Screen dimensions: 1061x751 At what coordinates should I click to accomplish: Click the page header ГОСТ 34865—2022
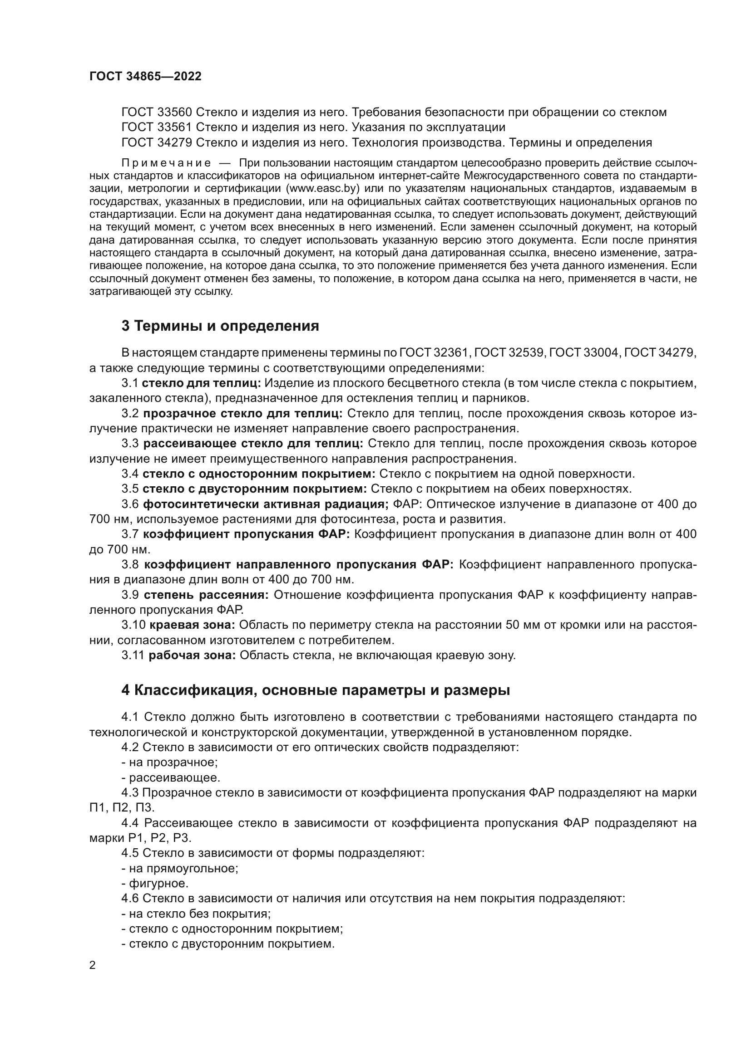click(x=145, y=77)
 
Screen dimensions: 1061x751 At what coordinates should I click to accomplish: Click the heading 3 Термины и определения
click(x=220, y=326)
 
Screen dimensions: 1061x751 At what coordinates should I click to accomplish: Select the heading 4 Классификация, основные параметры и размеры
click(x=316, y=690)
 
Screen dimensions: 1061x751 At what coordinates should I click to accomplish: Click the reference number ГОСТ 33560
click(x=157, y=112)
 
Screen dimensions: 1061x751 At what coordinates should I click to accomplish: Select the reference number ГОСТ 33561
click(x=157, y=127)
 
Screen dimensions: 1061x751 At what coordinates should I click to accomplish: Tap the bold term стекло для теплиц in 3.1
click(x=201, y=383)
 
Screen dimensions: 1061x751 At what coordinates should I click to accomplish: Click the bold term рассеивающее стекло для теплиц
click(x=253, y=444)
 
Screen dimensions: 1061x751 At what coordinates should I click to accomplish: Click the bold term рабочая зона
click(x=192, y=655)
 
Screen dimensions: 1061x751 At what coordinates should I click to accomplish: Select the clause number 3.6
click(x=130, y=504)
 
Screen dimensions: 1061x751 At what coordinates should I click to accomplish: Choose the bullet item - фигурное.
click(x=155, y=884)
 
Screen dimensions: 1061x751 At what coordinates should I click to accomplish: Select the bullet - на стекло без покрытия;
click(x=196, y=914)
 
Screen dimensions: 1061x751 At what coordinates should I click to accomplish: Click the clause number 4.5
click(x=130, y=854)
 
